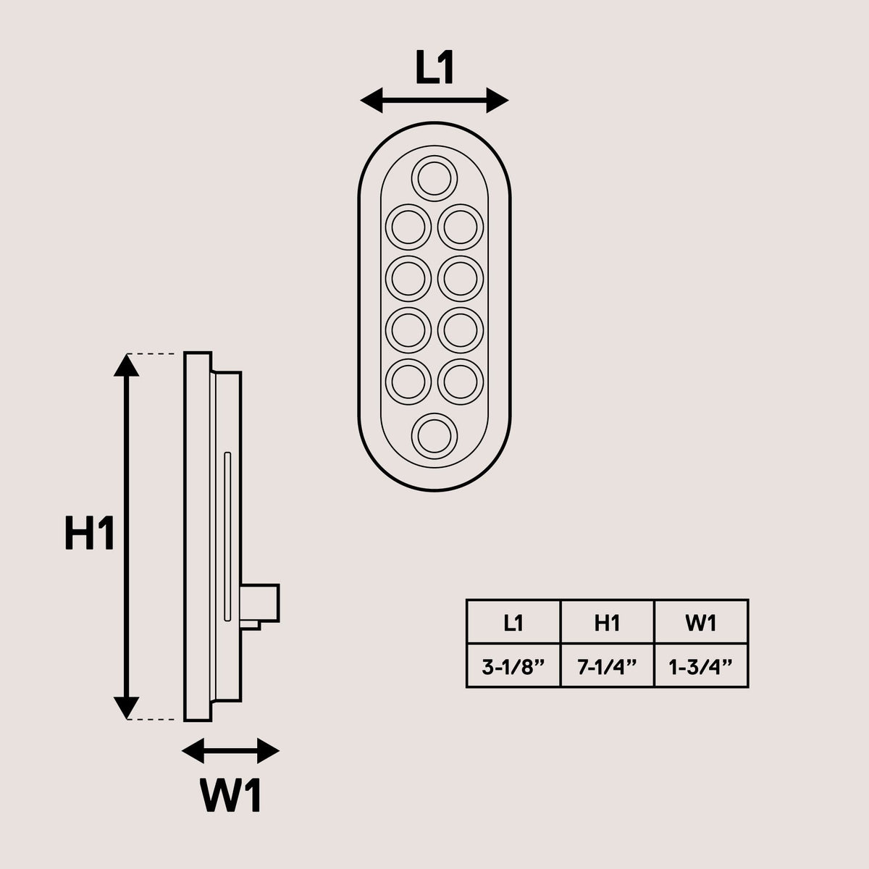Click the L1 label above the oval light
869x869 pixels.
click(x=434, y=67)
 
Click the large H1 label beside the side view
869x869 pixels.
click(x=89, y=532)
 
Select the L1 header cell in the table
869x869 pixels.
click(x=513, y=623)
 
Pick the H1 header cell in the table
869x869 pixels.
click(x=607, y=623)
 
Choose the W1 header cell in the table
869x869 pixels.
click(x=701, y=623)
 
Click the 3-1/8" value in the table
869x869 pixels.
click(x=513, y=666)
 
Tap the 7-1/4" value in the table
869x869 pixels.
click(x=607, y=666)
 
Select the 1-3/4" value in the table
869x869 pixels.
click(x=701, y=666)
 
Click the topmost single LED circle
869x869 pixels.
click(x=434, y=156)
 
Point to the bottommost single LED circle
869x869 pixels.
click(x=434, y=413)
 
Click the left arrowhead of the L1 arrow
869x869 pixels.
click(x=371, y=100)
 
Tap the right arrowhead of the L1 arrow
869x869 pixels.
click(x=498, y=100)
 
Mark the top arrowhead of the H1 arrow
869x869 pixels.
click(x=126, y=365)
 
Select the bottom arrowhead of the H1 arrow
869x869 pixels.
click(x=126, y=708)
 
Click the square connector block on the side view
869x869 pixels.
click(x=260, y=603)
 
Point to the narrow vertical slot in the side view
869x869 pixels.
click(x=227, y=537)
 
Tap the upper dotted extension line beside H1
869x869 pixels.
click(x=151, y=354)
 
